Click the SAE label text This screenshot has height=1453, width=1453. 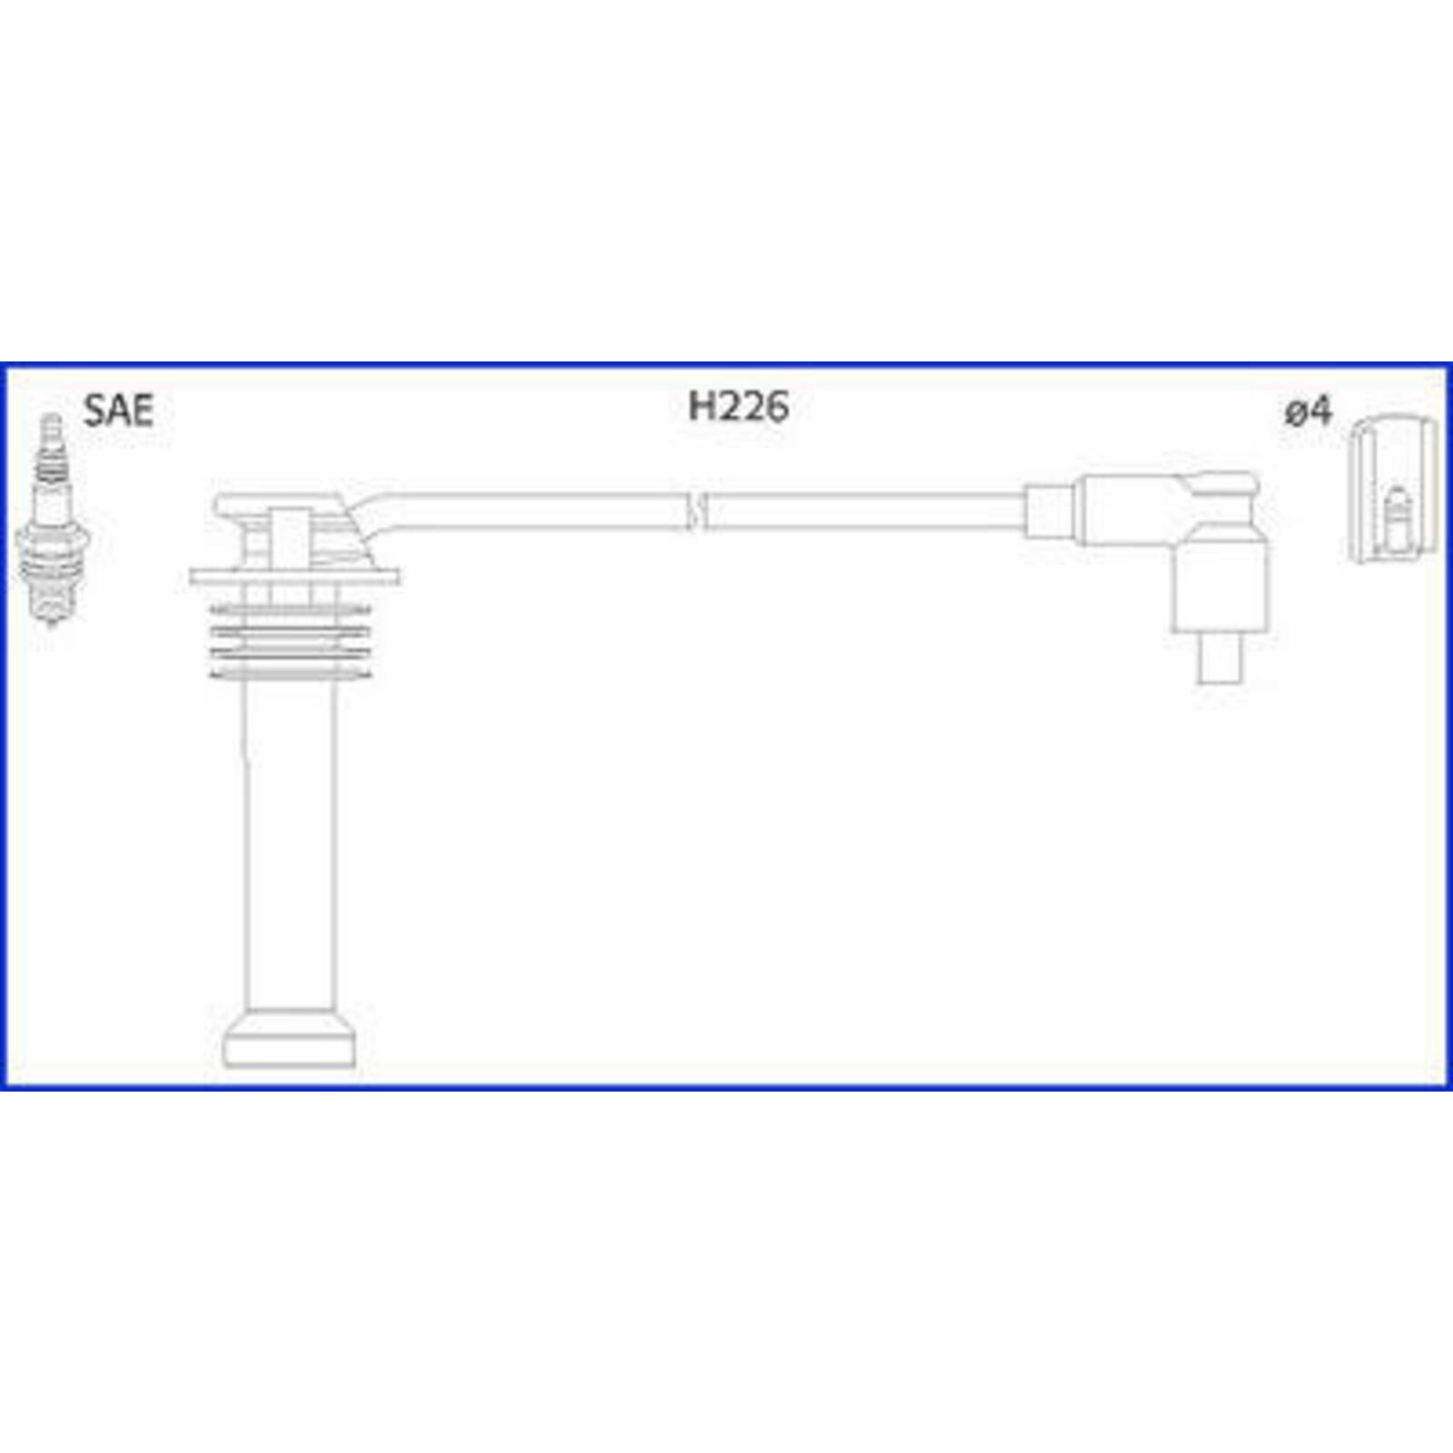pyautogui.click(x=118, y=410)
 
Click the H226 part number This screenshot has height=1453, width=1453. pyautogui.click(x=737, y=407)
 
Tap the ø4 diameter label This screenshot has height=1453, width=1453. pyautogui.click(x=1308, y=411)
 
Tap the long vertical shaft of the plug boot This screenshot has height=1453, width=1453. pyautogui.click(x=290, y=845)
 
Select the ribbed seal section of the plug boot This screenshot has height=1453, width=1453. pyautogui.click(x=290, y=641)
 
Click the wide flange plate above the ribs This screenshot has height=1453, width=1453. pyautogui.click(x=295, y=576)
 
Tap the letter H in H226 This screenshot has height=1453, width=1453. pyautogui.click(x=703, y=407)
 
